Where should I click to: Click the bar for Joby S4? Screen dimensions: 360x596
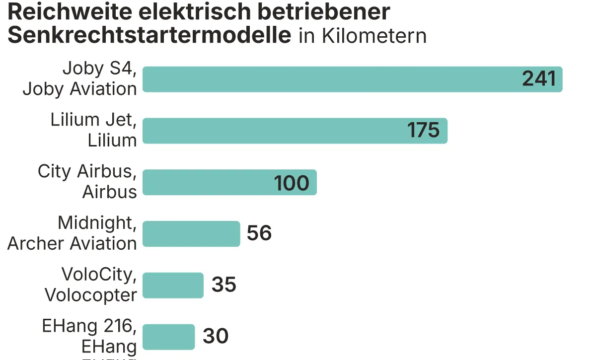click(328, 79)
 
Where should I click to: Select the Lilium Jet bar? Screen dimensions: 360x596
click(273, 131)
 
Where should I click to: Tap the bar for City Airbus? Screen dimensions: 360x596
click(209, 182)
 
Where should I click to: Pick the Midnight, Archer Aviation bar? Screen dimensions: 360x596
click(191, 234)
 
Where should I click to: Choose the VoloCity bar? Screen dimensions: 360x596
click(173, 286)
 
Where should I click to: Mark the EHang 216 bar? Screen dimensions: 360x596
click(168, 337)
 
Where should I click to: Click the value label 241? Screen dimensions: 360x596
click(539, 79)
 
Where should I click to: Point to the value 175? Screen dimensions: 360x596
click(424, 131)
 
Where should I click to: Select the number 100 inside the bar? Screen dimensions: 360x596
click(292, 183)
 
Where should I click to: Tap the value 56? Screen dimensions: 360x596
click(259, 234)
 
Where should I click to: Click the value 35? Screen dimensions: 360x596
click(224, 286)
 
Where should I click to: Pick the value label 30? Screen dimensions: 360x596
click(216, 337)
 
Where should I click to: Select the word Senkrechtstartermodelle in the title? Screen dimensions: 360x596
click(149, 36)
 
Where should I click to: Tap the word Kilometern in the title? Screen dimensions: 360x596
click(374, 36)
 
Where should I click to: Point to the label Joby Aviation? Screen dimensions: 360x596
click(79, 89)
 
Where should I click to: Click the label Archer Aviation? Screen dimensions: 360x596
click(72, 244)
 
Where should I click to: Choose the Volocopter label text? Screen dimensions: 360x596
click(90, 295)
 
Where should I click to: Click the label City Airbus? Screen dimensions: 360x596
click(87, 172)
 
